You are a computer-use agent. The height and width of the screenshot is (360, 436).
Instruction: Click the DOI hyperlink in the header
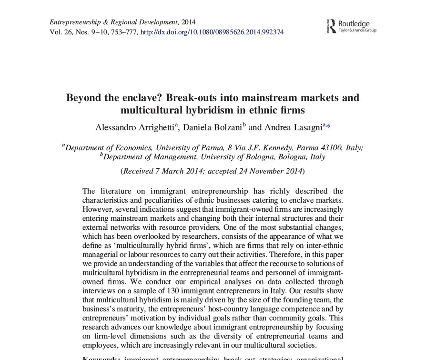click(213, 32)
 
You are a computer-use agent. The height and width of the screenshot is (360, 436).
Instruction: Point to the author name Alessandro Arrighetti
click(136, 127)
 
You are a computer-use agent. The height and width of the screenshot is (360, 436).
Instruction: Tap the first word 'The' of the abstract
click(89, 191)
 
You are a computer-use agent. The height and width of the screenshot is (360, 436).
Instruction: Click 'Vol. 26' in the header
click(59, 32)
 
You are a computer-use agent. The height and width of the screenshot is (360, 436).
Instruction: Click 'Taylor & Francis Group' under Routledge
click(357, 30)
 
